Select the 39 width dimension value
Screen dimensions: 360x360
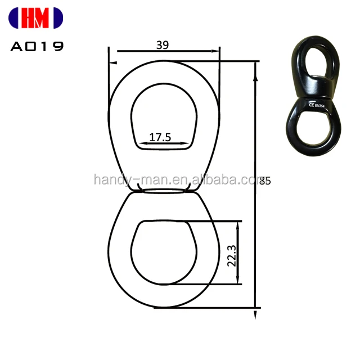click(x=163, y=46)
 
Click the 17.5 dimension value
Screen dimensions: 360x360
click(x=160, y=137)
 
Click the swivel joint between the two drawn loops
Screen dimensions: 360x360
click(x=164, y=191)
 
